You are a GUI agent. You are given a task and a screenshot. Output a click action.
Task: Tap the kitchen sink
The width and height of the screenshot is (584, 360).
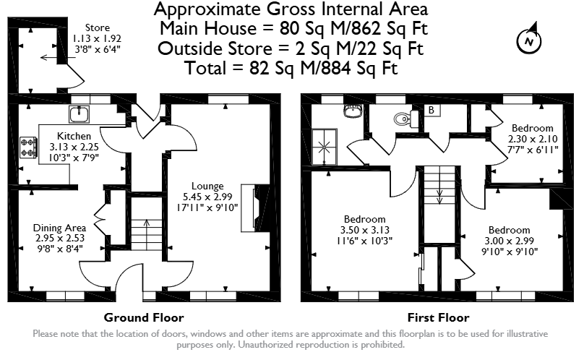79,114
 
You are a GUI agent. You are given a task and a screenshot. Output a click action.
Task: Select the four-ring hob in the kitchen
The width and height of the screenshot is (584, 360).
28,147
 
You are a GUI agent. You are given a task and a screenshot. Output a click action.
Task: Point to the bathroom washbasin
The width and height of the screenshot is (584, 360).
353,111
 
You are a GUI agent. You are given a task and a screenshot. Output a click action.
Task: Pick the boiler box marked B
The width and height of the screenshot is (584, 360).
431,110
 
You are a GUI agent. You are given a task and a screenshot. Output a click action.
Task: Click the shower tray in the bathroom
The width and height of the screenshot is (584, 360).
325,147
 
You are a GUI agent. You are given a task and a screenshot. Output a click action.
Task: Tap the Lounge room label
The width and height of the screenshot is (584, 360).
207,186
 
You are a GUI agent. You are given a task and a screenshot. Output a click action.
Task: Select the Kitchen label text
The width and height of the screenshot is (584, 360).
74,136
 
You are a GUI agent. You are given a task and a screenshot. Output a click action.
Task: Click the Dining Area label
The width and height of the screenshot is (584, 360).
59,228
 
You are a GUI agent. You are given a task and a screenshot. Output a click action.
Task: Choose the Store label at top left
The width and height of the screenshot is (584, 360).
97,28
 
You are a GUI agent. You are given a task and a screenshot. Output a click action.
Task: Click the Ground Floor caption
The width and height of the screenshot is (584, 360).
144,318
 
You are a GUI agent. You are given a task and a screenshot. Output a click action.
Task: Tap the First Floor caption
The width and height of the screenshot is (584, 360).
439,318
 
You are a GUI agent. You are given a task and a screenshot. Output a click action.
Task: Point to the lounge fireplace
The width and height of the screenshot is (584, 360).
256,208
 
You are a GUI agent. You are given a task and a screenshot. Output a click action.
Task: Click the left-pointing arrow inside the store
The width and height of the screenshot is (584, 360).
49,57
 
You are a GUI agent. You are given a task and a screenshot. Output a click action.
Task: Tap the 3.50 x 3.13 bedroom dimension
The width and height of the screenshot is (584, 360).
364,230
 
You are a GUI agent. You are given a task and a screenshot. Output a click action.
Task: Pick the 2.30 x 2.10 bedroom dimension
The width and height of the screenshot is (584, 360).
533,139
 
